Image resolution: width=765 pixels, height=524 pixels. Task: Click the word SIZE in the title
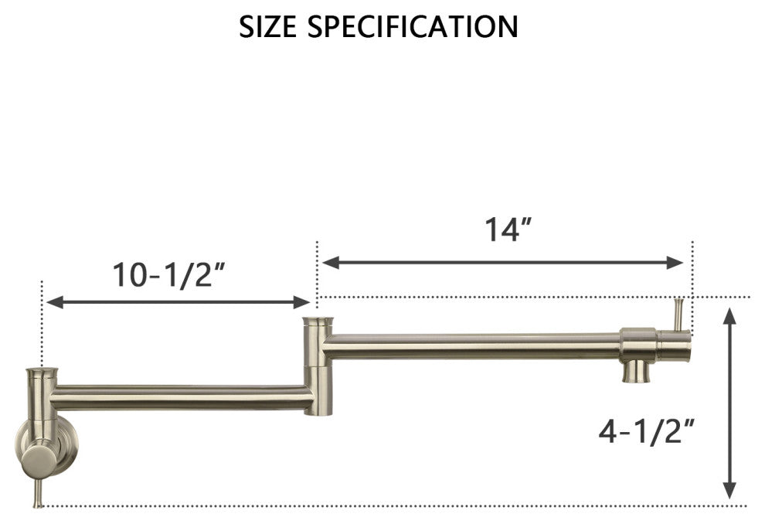tap(269, 27)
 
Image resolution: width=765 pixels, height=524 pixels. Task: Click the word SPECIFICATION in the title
tap(413, 27)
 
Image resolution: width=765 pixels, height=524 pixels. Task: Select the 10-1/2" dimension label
tap(169, 275)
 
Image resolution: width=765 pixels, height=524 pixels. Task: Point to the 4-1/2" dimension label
tap(642, 431)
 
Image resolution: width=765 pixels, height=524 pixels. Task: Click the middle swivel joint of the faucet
tap(317, 365)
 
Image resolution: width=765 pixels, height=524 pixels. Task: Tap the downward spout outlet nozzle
tap(637, 371)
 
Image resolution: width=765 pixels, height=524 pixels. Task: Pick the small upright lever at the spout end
tap(678, 314)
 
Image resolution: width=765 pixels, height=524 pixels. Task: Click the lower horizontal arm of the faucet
tap(182, 397)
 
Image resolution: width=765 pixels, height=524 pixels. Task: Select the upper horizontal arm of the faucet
tap(471, 346)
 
